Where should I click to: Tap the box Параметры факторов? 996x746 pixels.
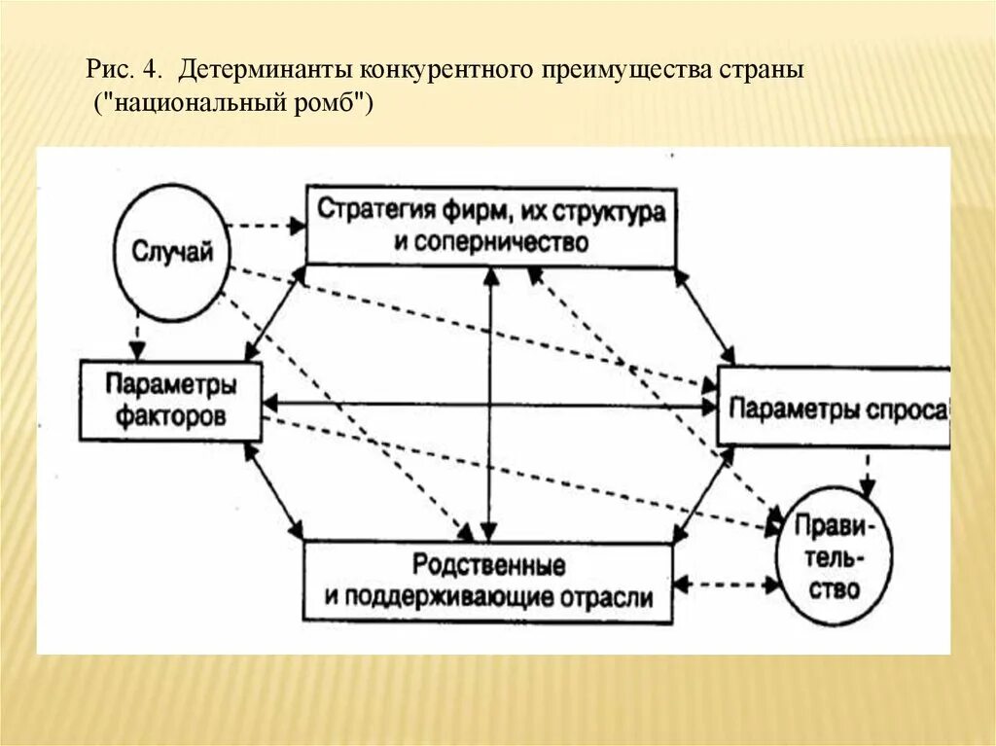[x=171, y=401]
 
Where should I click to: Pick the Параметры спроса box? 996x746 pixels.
[x=834, y=408]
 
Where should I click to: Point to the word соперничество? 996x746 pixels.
[x=505, y=242]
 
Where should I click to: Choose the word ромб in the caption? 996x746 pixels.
[x=328, y=102]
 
